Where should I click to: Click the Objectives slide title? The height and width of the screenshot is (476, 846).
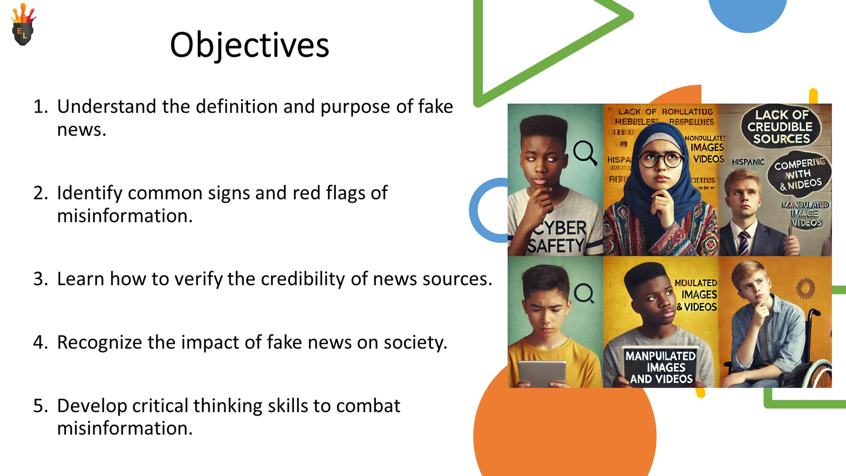tap(249, 45)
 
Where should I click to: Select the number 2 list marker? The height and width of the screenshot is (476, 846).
tap(40, 193)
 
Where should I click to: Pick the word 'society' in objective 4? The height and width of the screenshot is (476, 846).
tap(415, 343)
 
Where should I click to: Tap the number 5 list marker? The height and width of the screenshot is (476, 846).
tap(40, 406)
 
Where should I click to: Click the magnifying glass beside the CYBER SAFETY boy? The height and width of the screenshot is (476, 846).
tap(585, 153)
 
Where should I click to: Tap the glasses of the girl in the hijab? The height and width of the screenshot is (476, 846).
tap(660, 159)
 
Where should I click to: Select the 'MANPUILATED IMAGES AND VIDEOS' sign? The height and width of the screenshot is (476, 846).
tap(660, 367)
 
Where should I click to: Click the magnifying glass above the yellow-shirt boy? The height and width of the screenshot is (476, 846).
tap(584, 292)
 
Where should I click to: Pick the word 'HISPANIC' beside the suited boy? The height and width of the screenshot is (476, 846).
tap(748, 162)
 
